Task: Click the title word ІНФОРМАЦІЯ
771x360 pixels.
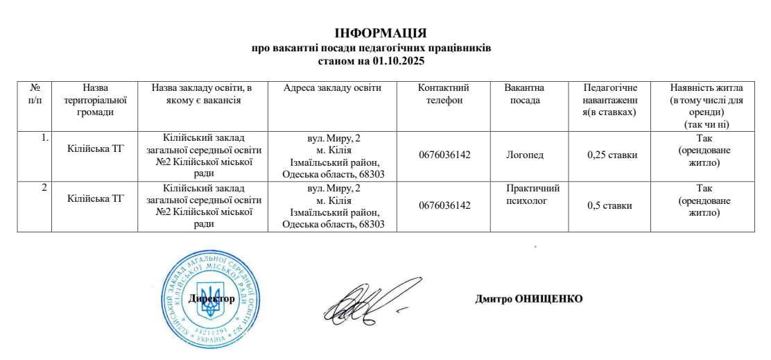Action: click(380, 33)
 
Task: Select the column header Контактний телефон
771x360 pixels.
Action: click(444, 94)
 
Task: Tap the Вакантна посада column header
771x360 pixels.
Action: click(524, 94)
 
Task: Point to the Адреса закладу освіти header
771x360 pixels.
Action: click(332, 87)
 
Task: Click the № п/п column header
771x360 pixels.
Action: click(35, 94)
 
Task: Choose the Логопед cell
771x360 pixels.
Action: click(525, 155)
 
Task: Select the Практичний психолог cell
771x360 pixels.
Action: click(532, 194)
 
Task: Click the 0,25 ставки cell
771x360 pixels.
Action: click(612, 155)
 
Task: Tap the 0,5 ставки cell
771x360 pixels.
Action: click(609, 205)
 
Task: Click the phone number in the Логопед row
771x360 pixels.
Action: click(444, 155)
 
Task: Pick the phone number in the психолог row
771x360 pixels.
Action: click(444, 205)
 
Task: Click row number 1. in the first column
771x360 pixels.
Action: click(44, 137)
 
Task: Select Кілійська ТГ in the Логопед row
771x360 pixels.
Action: click(96, 148)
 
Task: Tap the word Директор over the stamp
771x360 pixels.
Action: click(211, 298)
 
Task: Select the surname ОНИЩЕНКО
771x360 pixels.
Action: click(549, 299)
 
